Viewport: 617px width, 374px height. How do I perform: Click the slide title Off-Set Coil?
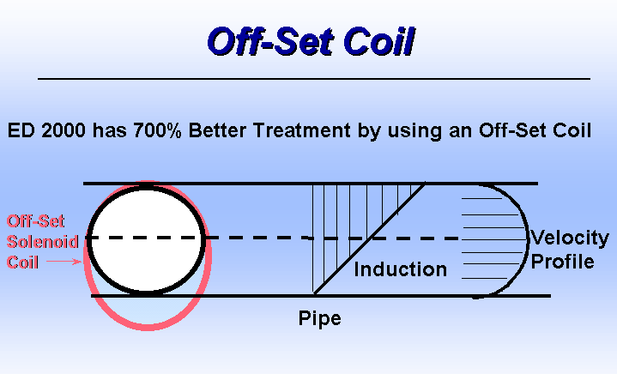coord(311,41)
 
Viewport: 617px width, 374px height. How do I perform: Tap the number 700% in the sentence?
coord(157,130)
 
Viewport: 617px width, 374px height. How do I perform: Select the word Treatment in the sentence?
coord(301,130)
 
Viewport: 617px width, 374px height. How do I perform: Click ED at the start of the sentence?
coord(21,130)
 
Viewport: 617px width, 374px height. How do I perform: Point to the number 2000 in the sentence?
coord(64,130)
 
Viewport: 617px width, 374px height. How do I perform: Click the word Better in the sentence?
coord(217,130)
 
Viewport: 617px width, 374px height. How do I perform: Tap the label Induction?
coord(400,269)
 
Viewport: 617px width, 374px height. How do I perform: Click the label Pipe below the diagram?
coord(319,318)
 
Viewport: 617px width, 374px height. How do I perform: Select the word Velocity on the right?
coord(570,238)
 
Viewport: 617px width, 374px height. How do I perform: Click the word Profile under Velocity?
coord(562,262)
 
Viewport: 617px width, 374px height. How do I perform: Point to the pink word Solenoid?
coord(43,242)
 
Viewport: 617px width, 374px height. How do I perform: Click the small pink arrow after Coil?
coord(64,261)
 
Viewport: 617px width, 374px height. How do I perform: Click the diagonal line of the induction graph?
coord(370,238)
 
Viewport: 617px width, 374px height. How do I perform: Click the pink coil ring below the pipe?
coord(148,327)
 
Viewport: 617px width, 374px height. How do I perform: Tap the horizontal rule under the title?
coord(314,79)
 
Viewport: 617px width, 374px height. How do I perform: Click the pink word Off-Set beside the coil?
coord(35,221)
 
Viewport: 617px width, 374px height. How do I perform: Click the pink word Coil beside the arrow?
coord(22,262)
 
